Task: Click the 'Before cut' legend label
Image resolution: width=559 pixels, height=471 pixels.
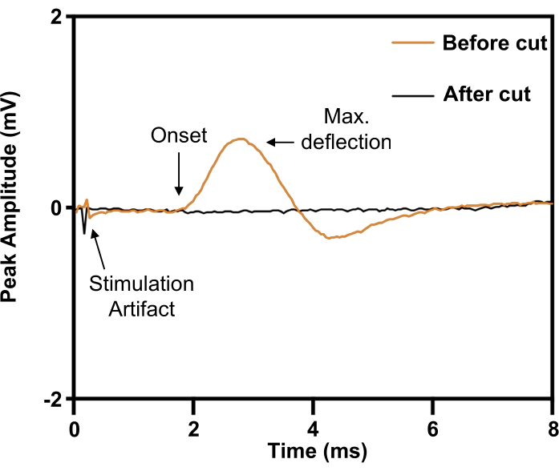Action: click(495, 42)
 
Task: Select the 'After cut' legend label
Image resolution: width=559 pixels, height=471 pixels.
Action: click(487, 95)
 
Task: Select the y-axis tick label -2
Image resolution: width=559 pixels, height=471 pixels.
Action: click(53, 398)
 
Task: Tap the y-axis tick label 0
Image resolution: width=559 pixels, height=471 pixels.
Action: click(57, 208)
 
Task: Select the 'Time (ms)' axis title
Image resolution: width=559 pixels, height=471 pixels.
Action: click(313, 451)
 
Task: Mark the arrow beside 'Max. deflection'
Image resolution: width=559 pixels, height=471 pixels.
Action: click(281, 143)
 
